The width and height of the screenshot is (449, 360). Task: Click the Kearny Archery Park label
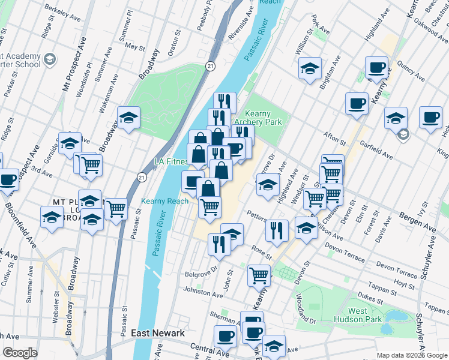pyautogui.click(x=265, y=118)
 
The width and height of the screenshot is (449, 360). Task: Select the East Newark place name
pyautogui.click(x=157, y=333)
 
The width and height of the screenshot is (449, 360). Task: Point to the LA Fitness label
pyautogui.click(x=171, y=161)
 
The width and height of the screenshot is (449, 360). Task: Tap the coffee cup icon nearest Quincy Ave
pyautogui.click(x=376, y=68)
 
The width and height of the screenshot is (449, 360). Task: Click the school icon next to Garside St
pyautogui.click(x=70, y=143)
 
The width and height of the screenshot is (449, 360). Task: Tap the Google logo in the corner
pyautogui.click(x=20, y=353)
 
